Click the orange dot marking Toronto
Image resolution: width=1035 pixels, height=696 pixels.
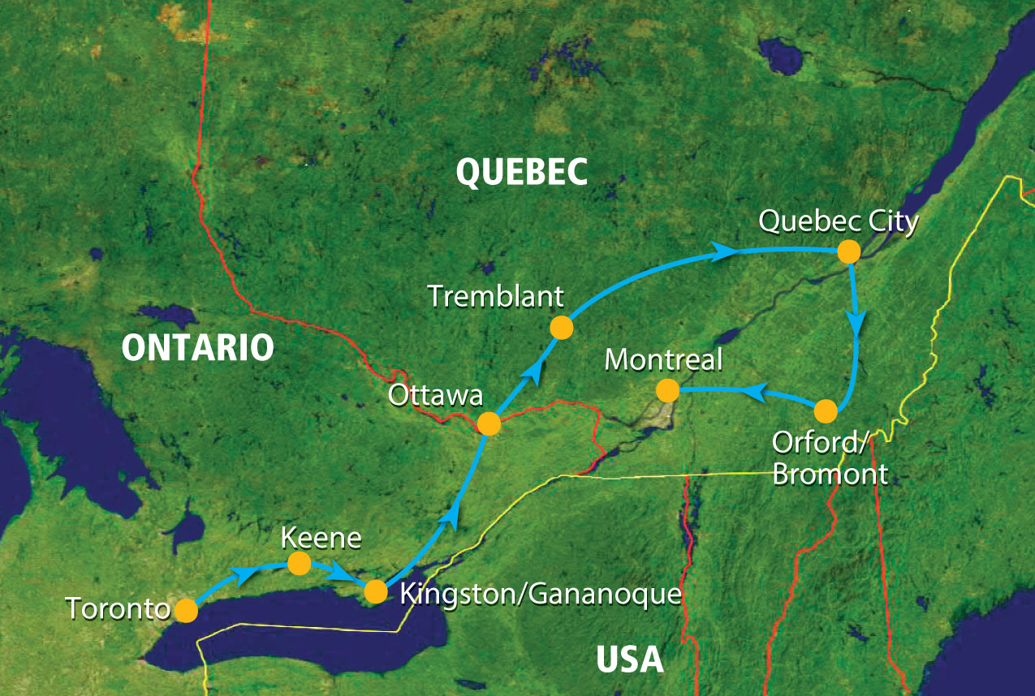tap(186, 610)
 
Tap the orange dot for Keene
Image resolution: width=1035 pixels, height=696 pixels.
tap(299, 563)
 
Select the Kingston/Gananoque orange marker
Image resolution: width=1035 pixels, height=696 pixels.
tap(375, 591)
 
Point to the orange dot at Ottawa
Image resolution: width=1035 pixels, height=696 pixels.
tap(489, 423)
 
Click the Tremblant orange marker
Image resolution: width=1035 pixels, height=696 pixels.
tap(561, 328)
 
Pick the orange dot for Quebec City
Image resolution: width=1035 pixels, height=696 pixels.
tap(848, 251)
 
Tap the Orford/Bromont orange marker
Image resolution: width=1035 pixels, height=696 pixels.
tap(825, 411)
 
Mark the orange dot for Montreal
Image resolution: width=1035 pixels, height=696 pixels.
tap(667, 391)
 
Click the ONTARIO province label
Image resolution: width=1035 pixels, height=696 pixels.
tap(197, 347)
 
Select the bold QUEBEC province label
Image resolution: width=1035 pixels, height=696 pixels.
tap(521, 172)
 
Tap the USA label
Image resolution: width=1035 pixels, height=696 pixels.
tap(630, 659)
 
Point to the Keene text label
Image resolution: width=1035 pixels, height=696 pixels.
tap(311, 537)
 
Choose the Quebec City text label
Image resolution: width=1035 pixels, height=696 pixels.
tap(838, 221)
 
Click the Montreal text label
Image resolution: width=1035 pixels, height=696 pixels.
tap(663, 359)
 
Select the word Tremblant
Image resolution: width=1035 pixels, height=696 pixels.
tap(495, 297)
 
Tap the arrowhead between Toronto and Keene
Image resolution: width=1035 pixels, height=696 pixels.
tap(241, 575)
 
